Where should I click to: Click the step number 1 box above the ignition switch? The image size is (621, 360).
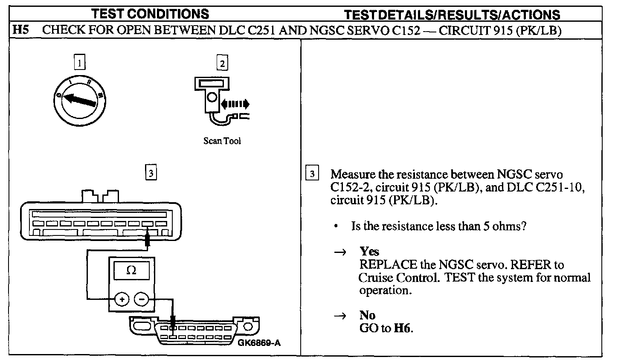point(79,63)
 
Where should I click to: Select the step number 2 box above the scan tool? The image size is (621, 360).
point(222,63)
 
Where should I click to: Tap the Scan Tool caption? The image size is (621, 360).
point(222,141)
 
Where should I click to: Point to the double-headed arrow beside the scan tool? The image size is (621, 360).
point(234,104)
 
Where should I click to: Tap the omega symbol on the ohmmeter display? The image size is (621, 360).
point(131,270)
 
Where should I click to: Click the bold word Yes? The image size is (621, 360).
point(369,251)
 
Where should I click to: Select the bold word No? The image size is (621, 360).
point(367,315)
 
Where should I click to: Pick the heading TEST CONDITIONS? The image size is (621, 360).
point(151,14)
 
